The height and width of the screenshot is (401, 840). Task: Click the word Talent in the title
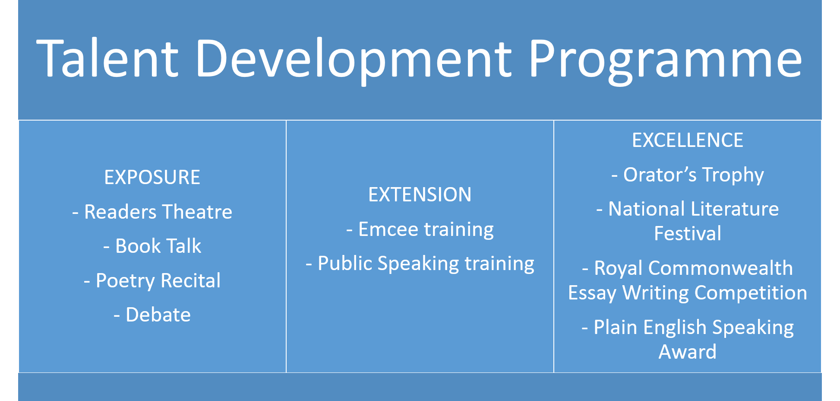click(108, 58)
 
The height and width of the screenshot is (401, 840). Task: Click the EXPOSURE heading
click(152, 177)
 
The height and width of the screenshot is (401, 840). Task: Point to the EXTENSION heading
click(420, 194)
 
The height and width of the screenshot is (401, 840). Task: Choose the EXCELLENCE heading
click(688, 140)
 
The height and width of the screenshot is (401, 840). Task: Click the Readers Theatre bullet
click(152, 212)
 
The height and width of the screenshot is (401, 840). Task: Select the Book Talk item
click(152, 246)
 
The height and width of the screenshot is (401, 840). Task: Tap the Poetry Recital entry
click(152, 281)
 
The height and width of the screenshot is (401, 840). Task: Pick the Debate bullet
click(152, 315)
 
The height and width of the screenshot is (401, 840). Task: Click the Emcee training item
click(420, 229)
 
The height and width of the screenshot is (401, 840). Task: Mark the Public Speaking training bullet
click(420, 264)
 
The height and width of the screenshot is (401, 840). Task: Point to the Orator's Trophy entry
click(688, 175)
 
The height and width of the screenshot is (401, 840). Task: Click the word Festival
click(688, 233)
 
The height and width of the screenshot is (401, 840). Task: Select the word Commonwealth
click(720, 268)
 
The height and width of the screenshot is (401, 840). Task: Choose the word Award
click(688, 352)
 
